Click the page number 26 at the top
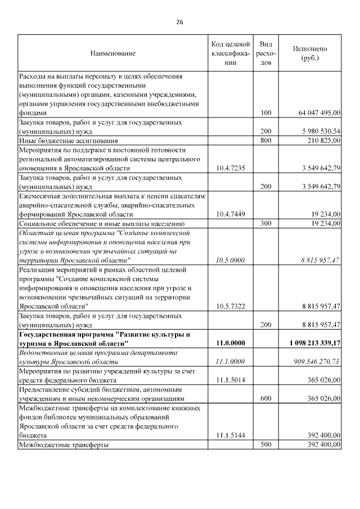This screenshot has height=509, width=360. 179,22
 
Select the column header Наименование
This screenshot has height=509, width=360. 112,53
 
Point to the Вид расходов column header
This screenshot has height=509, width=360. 266,53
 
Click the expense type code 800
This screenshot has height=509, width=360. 266,140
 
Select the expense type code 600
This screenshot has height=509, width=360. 266,398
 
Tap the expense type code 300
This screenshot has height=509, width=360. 266,223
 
